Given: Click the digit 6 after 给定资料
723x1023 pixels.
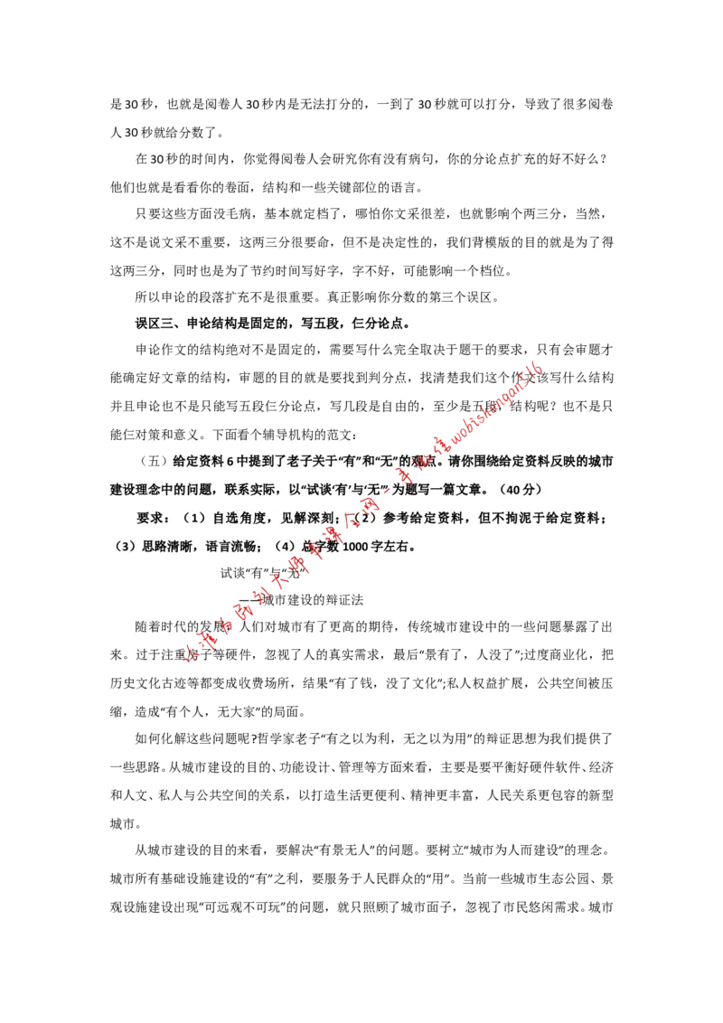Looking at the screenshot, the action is point(230,461).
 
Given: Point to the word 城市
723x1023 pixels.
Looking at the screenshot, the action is point(602,461).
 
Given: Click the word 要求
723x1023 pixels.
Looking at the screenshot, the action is point(149,519).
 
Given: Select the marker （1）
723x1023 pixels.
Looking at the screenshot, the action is point(194,519).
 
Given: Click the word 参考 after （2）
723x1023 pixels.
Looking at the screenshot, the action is point(397,519).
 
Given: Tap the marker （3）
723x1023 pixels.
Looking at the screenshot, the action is point(125,547).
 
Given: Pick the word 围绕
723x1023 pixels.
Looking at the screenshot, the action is point(501,461).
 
